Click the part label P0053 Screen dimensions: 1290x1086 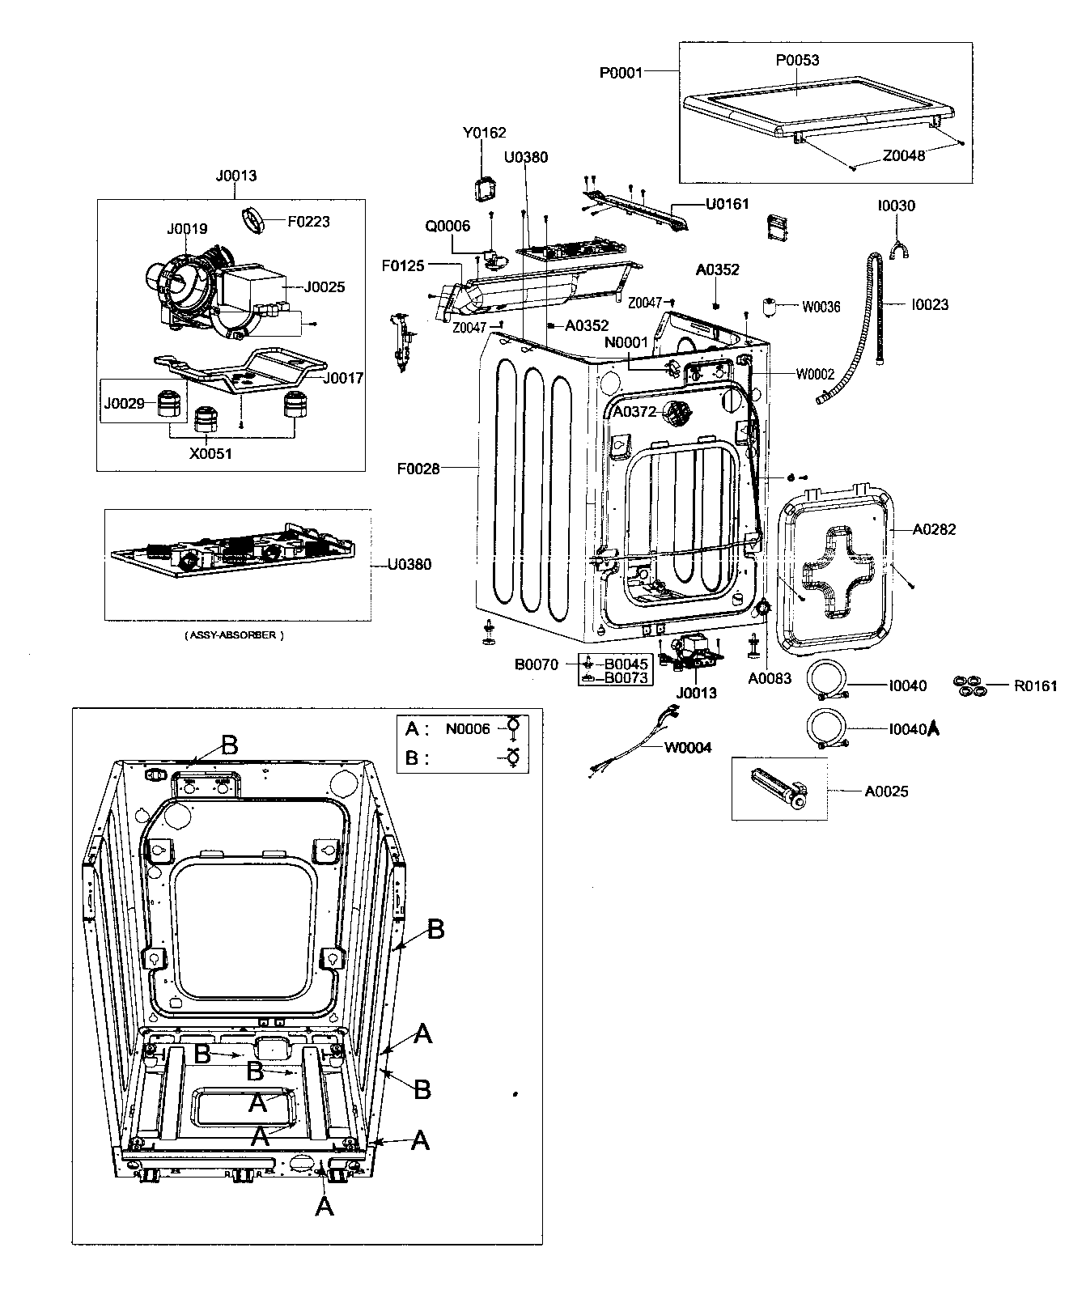797,61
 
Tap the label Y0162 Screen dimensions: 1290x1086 485,133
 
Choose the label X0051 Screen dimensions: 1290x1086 210,453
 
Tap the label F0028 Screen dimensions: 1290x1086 418,468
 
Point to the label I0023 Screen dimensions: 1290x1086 930,304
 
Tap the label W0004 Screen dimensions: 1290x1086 688,747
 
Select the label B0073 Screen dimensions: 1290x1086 626,678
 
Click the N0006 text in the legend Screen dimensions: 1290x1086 468,728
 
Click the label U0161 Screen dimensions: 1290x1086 728,206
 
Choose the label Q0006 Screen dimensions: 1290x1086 448,226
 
